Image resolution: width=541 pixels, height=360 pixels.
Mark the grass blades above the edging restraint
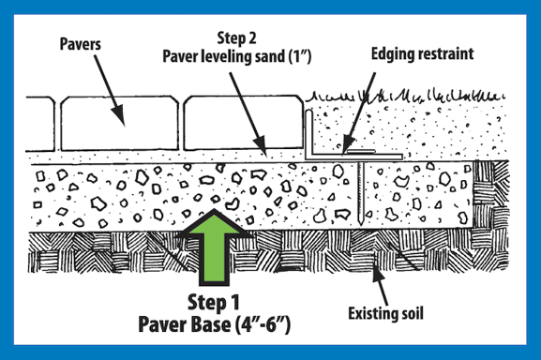click(394, 96)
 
